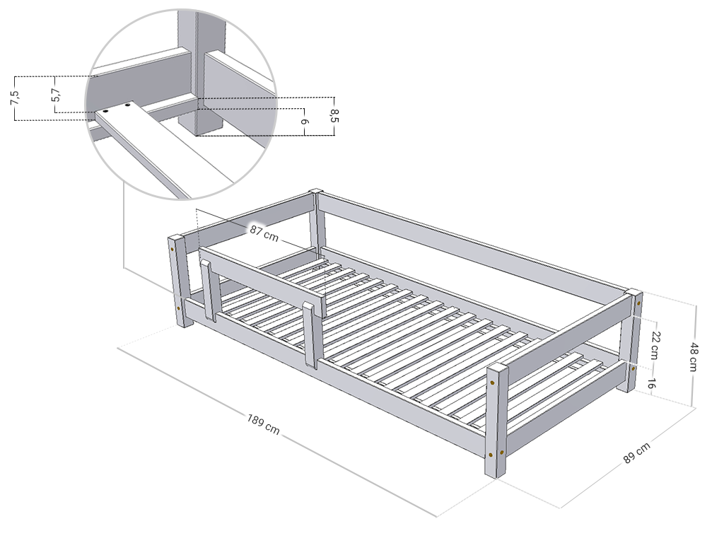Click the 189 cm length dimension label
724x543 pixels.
(x=264, y=424)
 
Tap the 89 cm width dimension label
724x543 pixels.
(x=637, y=452)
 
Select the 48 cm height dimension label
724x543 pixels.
(x=693, y=356)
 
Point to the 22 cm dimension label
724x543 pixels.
(x=654, y=345)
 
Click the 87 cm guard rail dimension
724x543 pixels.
(x=264, y=233)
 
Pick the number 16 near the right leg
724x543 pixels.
(x=650, y=383)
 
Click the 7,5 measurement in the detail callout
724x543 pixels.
(x=15, y=98)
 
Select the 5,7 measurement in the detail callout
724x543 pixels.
(x=56, y=94)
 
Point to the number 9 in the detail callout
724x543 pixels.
(x=305, y=122)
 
